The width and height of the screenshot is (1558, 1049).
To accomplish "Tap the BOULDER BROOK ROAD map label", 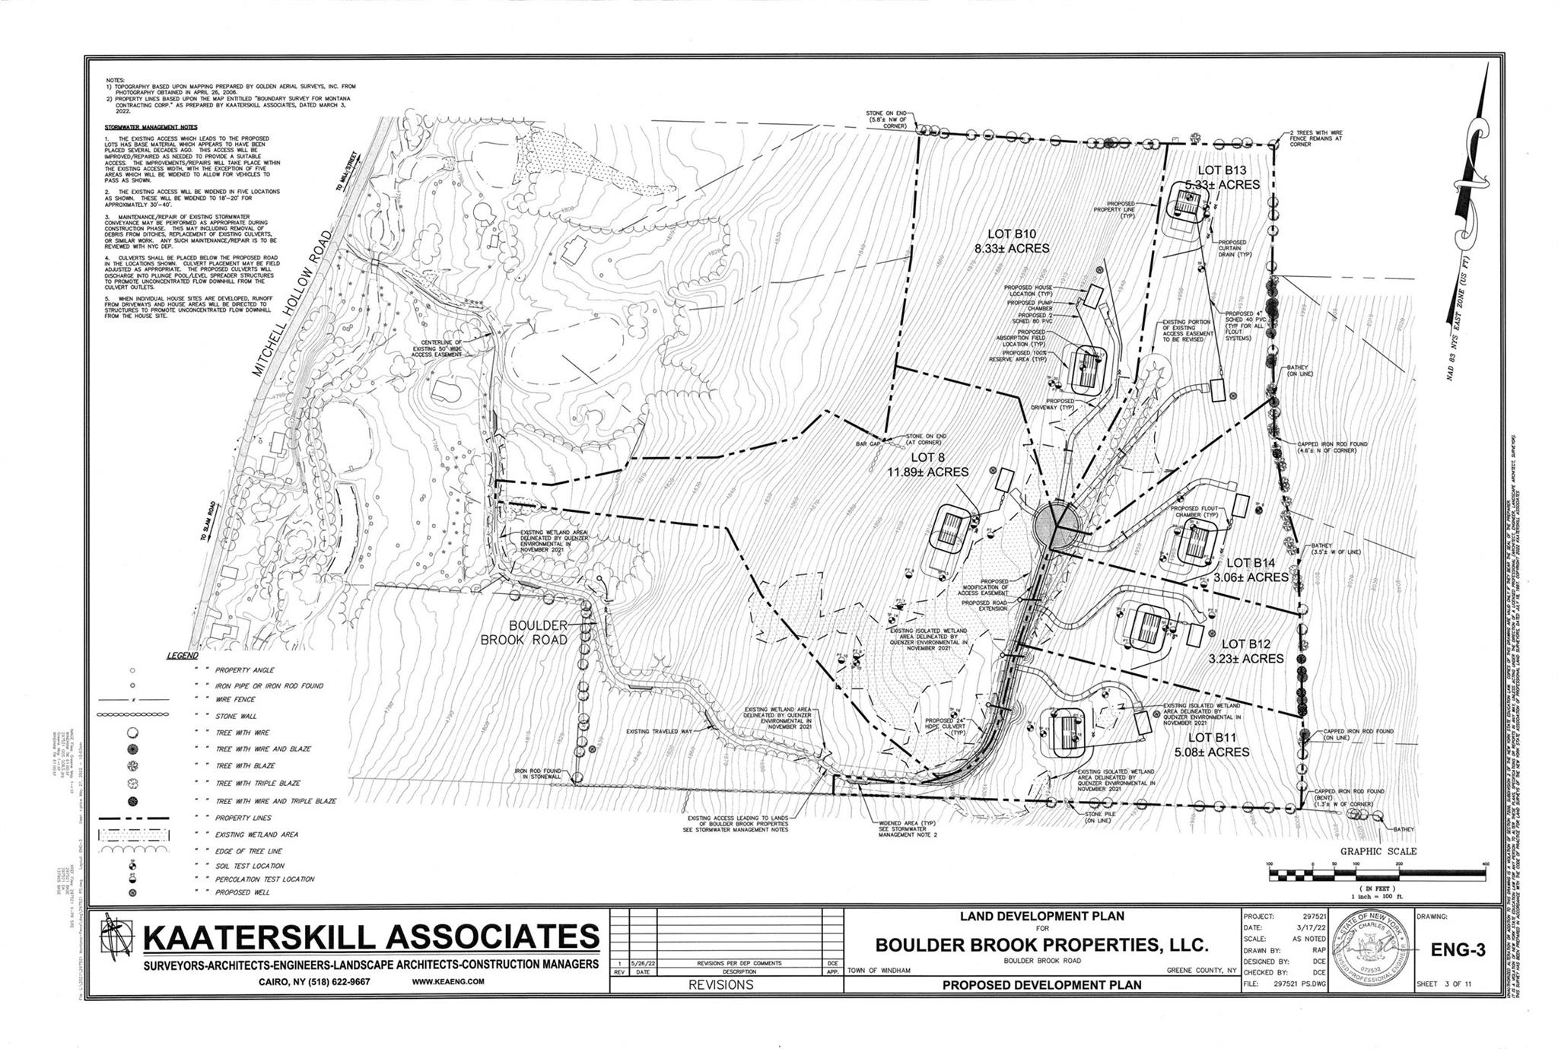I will point(525,633).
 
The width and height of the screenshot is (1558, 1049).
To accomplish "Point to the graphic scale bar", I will point(1377,876).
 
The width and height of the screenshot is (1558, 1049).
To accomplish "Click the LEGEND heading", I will point(182,656).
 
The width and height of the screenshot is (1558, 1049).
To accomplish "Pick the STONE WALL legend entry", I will point(237,716).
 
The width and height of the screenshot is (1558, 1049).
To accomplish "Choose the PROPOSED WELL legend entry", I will point(243,892).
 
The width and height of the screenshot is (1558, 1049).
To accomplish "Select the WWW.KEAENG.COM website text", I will point(447,981).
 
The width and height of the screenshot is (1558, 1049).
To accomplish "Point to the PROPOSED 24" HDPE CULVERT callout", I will point(946,726).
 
